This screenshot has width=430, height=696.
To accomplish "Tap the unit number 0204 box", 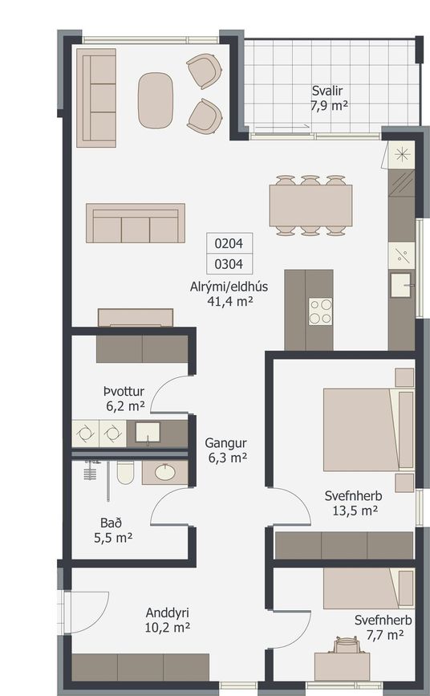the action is [229, 243].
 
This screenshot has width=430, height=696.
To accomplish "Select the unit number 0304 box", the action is [229, 264].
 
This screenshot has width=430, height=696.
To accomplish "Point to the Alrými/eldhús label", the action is [229, 287].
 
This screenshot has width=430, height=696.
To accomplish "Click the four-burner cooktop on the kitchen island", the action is [320, 311].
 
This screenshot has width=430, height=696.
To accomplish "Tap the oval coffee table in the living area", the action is [155, 100].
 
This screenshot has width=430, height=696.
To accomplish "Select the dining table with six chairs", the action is [310, 206].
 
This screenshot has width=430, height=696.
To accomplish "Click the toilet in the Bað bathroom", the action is [125, 472].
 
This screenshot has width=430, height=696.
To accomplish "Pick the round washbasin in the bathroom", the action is [164, 472].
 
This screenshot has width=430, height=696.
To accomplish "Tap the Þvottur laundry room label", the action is [124, 392].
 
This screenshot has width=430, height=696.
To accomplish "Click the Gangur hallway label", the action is [225, 442].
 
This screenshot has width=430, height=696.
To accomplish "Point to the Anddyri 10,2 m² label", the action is [168, 620].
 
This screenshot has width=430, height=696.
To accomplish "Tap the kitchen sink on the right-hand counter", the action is [400, 285].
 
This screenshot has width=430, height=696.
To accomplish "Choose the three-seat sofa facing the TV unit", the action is [136, 223].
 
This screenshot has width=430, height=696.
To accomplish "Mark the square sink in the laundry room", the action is [148, 433].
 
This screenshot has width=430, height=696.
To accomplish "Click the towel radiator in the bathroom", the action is [90, 470].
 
